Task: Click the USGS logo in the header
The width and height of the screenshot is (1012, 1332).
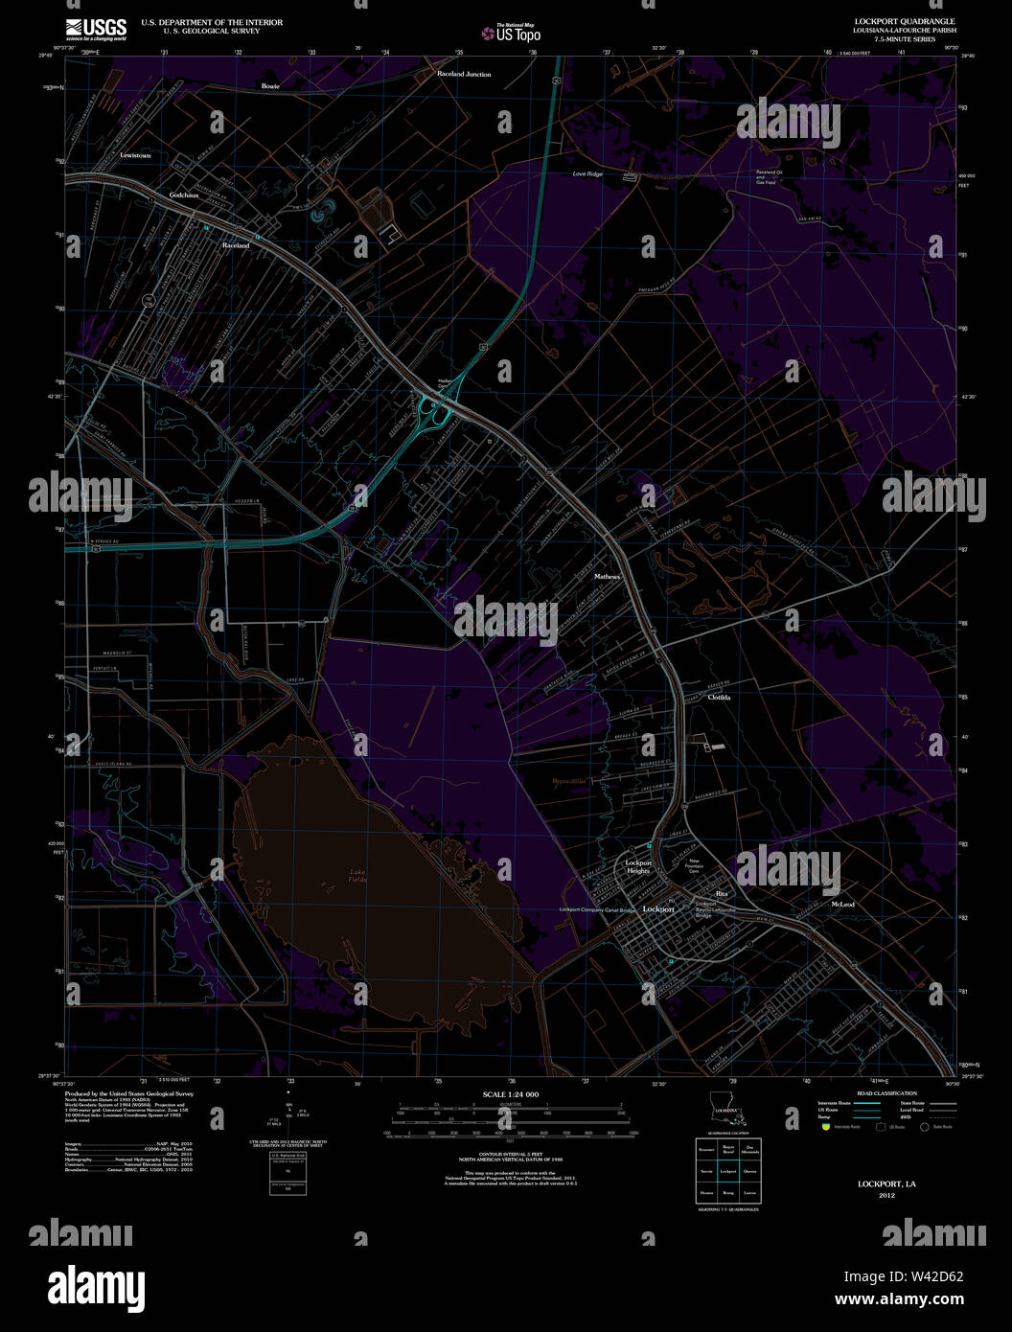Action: pyautogui.click(x=96, y=27)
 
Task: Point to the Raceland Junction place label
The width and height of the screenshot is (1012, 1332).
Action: pyautogui.click(x=464, y=74)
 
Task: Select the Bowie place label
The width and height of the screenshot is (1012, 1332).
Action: pyautogui.click(x=270, y=86)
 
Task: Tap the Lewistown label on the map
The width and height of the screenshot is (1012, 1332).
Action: pyautogui.click(x=135, y=155)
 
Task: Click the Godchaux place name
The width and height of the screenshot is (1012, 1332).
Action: pyautogui.click(x=183, y=195)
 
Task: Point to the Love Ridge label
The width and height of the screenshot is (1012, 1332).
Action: pyautogui.click(x=587, y=174)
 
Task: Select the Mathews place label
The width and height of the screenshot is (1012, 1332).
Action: pyautogui.click(x=607, y=577)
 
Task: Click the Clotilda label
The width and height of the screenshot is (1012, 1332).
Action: pyautogui.click(x=719, y=698)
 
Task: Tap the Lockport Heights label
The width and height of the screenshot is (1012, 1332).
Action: pyautogui.click(x=638, y=866)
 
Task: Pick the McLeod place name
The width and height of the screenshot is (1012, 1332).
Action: pyautogui.click(x=842, y=905)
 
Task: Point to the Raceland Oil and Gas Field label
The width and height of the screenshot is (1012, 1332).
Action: pyautogui.click(x=770, y=177)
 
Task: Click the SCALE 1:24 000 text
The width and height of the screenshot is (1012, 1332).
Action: pyautogui.click(x=511, y=1094)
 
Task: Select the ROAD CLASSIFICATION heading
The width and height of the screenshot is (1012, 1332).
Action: pyautogui.click(x=886, y=1093)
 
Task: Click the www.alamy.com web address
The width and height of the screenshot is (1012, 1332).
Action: pyautogui.click(x=899, y=1300)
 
